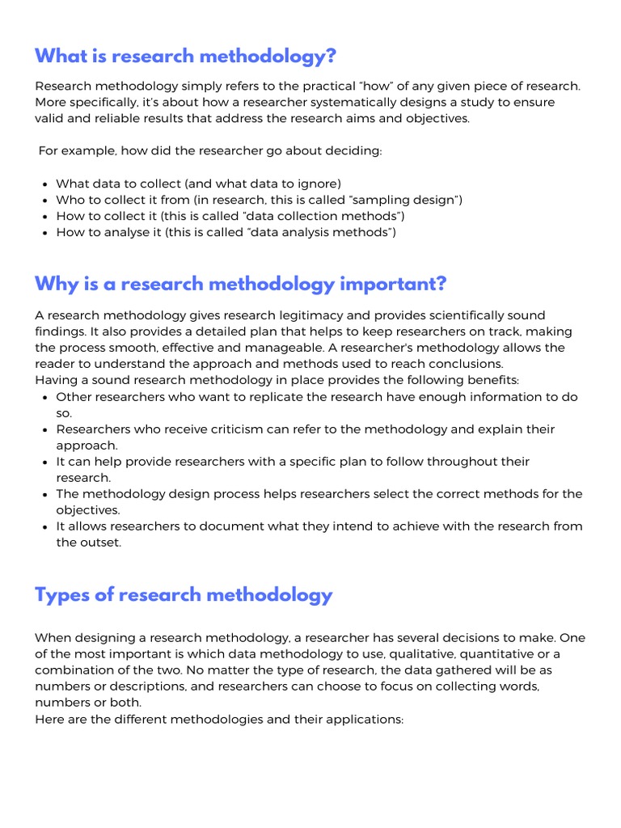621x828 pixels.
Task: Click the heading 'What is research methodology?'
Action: pyautogui.click(x=184, y=57)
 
